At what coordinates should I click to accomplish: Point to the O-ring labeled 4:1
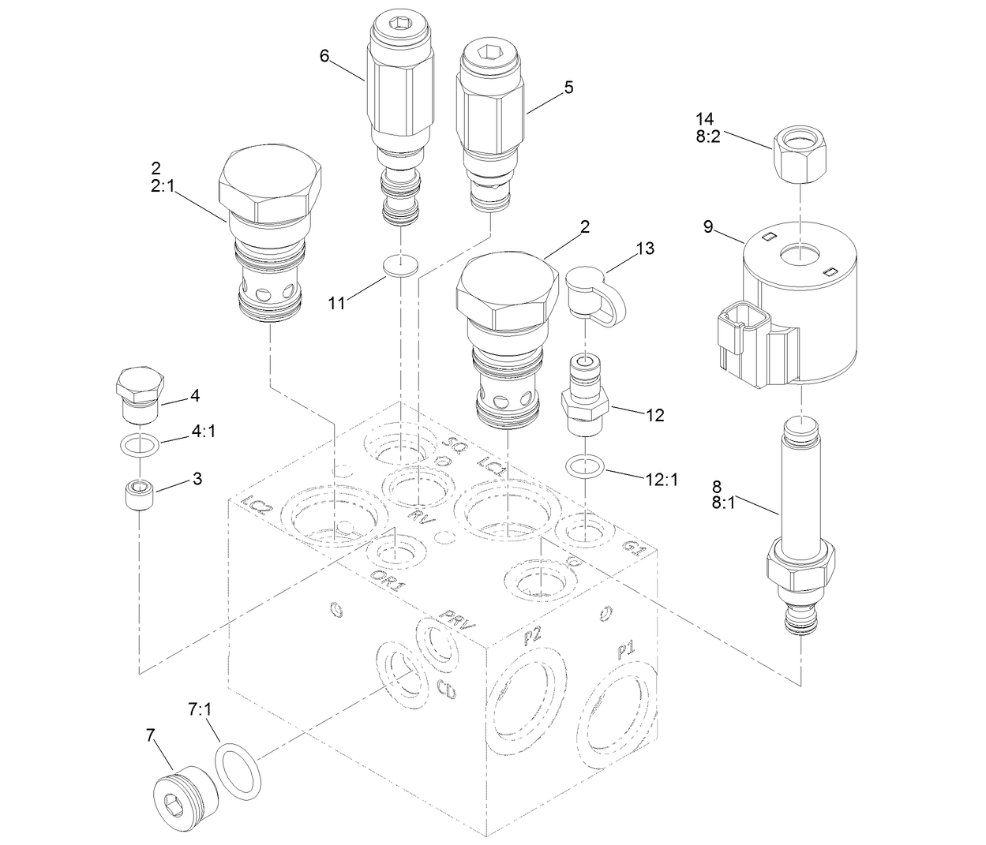pyautogui.click(x=140, y=445)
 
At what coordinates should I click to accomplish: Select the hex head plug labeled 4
pyautogui.click(x=139, y=392)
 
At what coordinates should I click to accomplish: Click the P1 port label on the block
pyautogui.click(x=627, y=652)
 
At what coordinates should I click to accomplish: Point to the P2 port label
pyautogui.click(x=532, y=636)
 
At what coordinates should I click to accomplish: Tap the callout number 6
pyautogui.click(x=324, y=55)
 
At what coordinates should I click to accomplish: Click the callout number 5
pyautogui.click(x=568, y=88)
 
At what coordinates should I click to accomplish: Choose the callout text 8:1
pyautogui.click(x=725, y=502)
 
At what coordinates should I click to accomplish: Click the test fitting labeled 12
pyautogui.click(x=587, y=394)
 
